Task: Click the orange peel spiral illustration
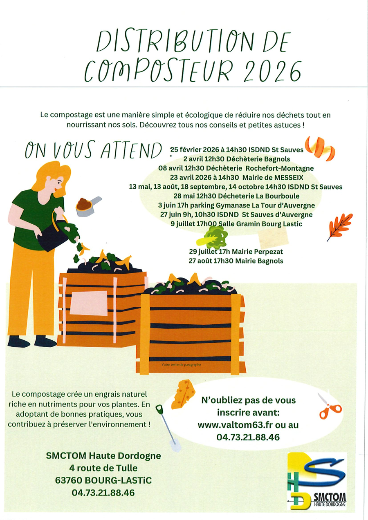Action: click(x=320, y=149)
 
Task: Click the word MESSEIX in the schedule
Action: click(x=289, y=178)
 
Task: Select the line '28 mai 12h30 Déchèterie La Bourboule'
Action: click(x=236, y=196)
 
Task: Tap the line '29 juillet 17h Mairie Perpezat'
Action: click(x=236, y=252)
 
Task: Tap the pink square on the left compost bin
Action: click(x=89, y=303)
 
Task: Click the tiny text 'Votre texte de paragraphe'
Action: click(x=181, y=365)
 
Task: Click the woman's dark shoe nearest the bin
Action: click(x=45, y=341)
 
